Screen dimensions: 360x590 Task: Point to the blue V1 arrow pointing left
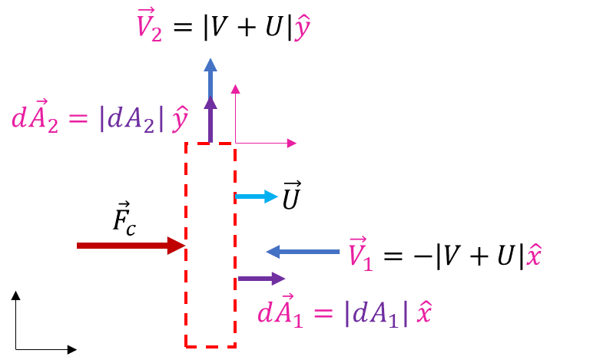tap(303, 251)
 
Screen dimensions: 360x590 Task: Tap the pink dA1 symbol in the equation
tap(281, 312)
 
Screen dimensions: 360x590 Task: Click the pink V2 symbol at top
tap(149, 27)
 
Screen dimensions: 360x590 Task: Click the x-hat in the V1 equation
tap(534, 256)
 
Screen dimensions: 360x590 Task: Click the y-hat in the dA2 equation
tap(181, 120)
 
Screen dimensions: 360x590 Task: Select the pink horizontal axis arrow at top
tap(266, 143)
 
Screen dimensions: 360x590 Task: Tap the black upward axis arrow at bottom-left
tap(15, 319)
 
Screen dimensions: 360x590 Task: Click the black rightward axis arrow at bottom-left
tap(46, 349)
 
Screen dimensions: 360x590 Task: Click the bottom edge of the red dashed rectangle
tap(210, 346)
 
